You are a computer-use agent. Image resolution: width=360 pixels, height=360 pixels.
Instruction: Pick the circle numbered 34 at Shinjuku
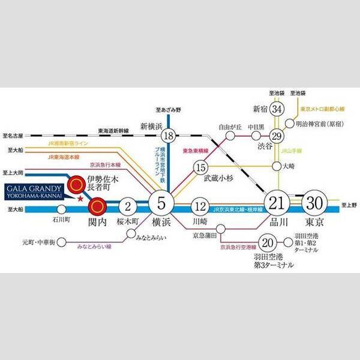click(x=277, y=109)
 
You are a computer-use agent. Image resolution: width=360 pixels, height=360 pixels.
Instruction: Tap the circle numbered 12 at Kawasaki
click(x=200, y=207)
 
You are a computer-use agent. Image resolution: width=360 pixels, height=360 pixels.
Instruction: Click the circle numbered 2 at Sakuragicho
click(x=127, y=206)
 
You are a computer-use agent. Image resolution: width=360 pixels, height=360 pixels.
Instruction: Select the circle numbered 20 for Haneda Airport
click(x=269, y=243)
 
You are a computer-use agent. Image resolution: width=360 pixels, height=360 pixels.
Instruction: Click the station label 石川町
click(x=61, y=220)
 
